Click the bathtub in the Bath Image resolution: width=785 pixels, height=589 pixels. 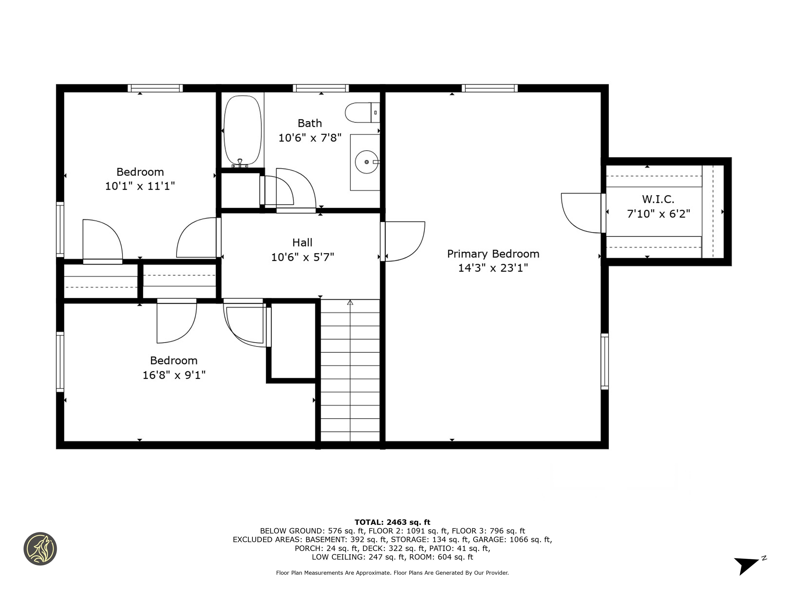(x=243, y=130)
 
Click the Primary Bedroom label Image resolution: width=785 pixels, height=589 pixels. (x=493, y=254)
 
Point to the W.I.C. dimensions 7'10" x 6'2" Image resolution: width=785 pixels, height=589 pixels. (x=658, y=214)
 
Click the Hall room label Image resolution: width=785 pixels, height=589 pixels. (x=302, y=243)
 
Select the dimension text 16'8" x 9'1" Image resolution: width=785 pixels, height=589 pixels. (x=174, y=375)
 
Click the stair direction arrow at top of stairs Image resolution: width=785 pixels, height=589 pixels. (x=350, y=302)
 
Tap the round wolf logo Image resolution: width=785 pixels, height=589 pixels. (x=40, y=549)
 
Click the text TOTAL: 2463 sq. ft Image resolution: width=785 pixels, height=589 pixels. (x=392, y=522)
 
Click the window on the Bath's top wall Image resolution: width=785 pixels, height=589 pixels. (x=321, y=88)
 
